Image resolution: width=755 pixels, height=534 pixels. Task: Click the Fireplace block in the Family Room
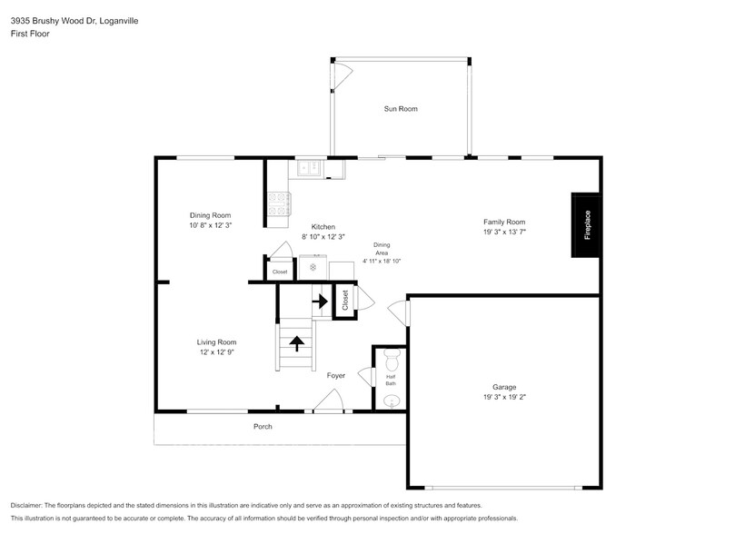(x=585, y=224)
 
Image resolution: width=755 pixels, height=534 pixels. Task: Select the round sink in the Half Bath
(x=392, y=400)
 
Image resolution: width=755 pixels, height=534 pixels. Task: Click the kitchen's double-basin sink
(x=311, y=168)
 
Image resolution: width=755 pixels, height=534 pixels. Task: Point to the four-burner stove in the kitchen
(x=277, y=205)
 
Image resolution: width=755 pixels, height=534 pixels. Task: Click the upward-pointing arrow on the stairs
(x=296, y=342)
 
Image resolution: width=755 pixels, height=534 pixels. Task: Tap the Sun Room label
(x=401, y=109)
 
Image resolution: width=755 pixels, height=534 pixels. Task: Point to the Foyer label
(x=336, y=374)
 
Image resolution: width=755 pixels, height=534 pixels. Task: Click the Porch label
(x=263, y=426)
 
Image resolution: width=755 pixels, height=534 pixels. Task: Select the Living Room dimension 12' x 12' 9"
(x=216, y=352)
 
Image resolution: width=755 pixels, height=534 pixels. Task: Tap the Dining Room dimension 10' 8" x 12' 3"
(x=210, y=225)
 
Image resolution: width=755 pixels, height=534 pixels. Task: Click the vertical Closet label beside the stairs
(x=345, y=299)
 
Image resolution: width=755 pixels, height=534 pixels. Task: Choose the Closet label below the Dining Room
(x=280, y=272)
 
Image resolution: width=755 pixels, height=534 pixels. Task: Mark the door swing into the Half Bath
(x=365, y=376)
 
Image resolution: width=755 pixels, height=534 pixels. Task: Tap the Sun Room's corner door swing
(x=341, y=77)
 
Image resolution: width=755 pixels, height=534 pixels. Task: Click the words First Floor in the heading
(x=30, y=33)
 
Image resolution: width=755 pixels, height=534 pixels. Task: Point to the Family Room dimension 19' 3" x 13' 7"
(x=504, y=232)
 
